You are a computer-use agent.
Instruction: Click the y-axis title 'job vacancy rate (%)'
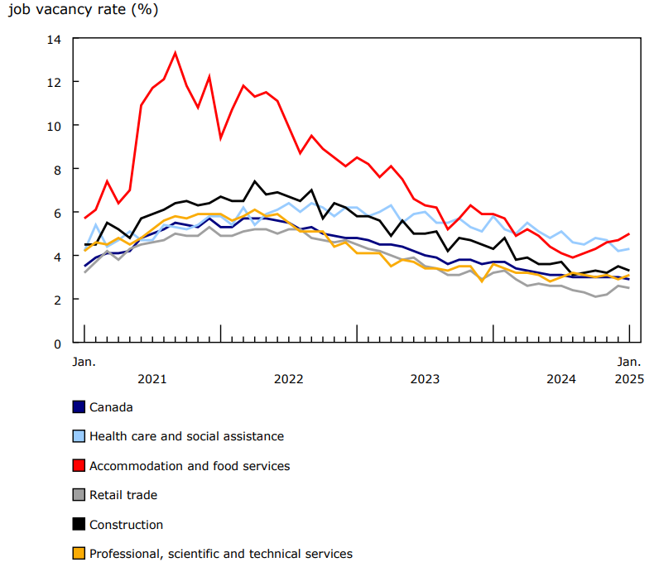[83, 11]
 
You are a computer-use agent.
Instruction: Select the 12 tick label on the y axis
[55, 82]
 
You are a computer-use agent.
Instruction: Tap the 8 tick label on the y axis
[58, 169]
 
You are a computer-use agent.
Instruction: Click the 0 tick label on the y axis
[58, 343]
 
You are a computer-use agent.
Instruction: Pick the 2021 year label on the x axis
[152, 379]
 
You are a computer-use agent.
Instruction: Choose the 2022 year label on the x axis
[288, 379]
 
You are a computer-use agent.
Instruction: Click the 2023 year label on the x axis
[425, 379]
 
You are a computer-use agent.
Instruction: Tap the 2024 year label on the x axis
[561, 379]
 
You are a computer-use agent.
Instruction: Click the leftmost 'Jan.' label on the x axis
[84, 362]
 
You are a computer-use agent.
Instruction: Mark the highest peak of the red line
[175, 53]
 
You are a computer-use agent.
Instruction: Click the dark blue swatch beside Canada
[79, 406]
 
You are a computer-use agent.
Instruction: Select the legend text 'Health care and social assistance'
[186, 436]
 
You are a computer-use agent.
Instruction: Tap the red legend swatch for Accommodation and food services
[79, 466]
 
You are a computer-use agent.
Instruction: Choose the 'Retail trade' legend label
[123, 495]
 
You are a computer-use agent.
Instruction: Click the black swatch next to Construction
[79, 525]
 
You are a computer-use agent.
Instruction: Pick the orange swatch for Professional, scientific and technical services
[79, 554]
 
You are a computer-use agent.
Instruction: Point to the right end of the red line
[629, 234]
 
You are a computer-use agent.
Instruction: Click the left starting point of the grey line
[84, 272]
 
